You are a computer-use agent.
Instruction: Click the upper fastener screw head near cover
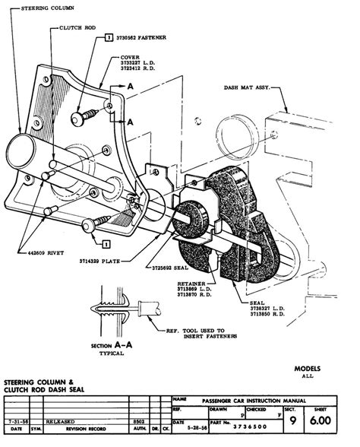pyautogui.click(x=78, y=118)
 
